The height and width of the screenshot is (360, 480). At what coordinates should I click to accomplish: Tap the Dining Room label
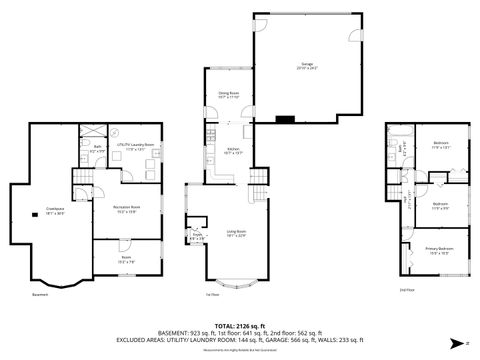(228, 96)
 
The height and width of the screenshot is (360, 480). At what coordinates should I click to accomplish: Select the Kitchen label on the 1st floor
(233, 150)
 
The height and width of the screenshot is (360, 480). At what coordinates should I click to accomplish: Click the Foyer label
(196, 238)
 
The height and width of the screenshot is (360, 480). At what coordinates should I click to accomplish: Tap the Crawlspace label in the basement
(54, 211)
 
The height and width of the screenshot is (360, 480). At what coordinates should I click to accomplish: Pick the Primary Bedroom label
(436, 250)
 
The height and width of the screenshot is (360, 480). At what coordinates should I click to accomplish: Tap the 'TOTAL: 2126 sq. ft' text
(239, 325)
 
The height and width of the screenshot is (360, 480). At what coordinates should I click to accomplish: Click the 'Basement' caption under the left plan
(39, 295)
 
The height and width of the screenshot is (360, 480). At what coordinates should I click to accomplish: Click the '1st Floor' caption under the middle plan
(212, 295)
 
